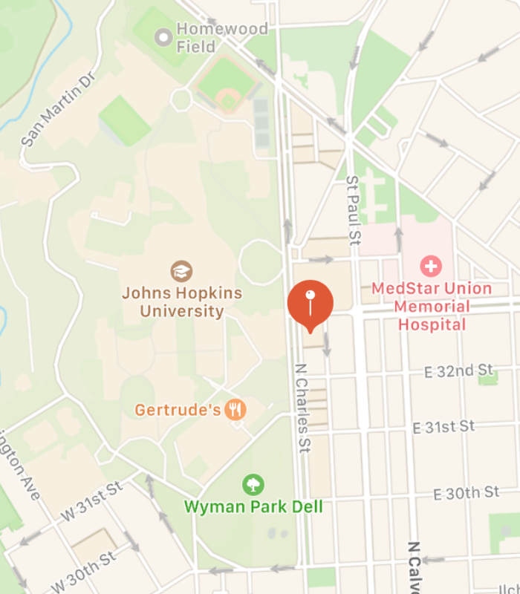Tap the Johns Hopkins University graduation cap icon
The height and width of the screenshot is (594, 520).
tap(181, 271)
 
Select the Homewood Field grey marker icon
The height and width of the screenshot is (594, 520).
tap(163, 36)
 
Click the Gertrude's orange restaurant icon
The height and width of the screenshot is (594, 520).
tap(235, 409)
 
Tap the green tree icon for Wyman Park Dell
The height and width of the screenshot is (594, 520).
tap(253, 486)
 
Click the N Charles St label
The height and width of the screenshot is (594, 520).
tap(302, 408)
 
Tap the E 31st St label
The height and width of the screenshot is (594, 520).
tap(444, 427)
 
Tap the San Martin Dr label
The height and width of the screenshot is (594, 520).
tap(59, 109)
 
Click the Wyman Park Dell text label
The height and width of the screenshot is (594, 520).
tap(253, 507)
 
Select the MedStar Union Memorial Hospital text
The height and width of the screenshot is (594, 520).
tap(432, 306)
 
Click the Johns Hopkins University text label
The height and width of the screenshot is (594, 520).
tap(182, 301)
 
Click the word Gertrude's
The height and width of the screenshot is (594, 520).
tap(178, 410)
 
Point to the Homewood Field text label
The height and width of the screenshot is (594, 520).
tap(201, 38)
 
